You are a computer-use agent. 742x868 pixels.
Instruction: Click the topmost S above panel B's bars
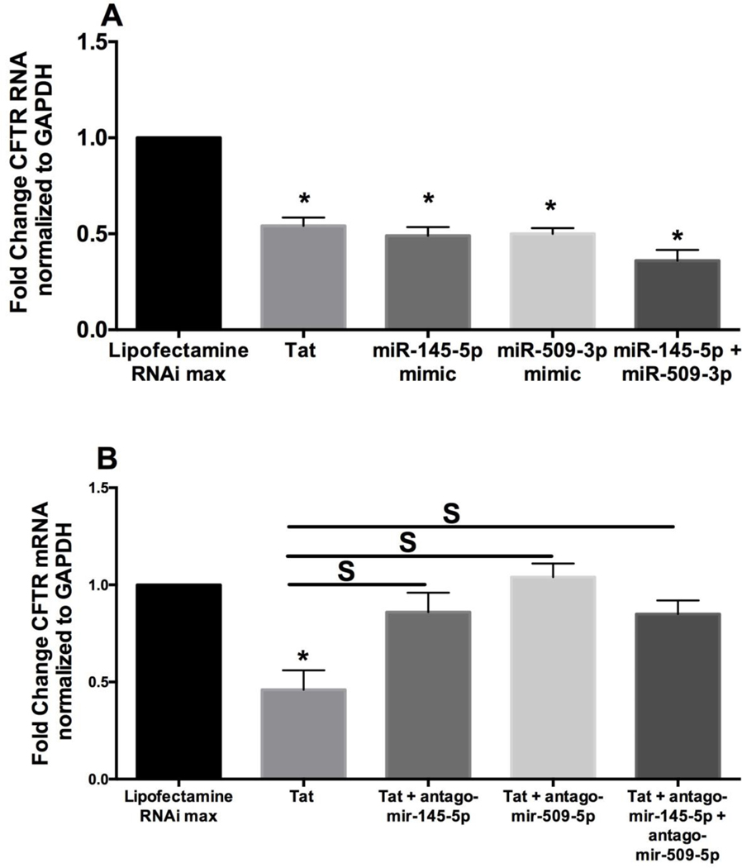[x=452, y=513]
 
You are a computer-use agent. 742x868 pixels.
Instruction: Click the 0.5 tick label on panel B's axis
[x=99, y=682]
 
